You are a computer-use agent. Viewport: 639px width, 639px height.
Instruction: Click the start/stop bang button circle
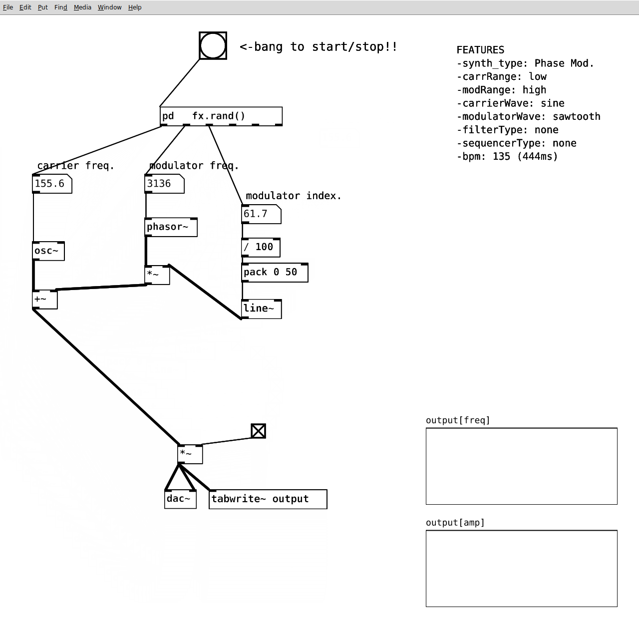(213, 46)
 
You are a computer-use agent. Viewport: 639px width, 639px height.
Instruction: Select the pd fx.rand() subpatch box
(221, 116)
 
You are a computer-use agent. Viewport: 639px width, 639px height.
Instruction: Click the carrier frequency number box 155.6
(52, 184)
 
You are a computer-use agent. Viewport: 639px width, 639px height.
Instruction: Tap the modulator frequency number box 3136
(164, 184)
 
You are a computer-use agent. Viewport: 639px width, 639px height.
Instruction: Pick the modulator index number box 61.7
(261, 214)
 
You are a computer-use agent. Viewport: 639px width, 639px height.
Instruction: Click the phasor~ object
(171, 227)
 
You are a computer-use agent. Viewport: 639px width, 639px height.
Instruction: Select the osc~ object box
(48, 251)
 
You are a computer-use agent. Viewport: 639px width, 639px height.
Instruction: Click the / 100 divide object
(261, 248)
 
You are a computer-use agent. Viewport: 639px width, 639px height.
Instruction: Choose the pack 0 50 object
(275, 273)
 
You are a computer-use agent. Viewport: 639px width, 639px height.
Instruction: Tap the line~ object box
(262, 309)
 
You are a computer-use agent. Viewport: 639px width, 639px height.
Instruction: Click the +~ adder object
(45, 300)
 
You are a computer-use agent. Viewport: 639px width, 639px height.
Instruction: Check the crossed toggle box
(258, 431)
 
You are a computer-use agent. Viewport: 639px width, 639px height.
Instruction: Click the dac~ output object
(180, 499)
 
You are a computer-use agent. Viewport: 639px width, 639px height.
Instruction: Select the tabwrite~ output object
(268, 499)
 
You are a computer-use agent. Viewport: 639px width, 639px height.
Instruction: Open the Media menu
(82, 7)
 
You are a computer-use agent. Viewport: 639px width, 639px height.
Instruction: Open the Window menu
(110, 7)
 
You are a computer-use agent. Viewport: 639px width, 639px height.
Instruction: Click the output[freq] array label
(458, 420)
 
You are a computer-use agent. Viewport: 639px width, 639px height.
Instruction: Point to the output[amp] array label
(455, 523)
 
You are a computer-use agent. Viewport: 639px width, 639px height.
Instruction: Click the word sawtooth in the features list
(576, 116)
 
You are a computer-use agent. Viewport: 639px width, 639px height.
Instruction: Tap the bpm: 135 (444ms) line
(507, 157)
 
